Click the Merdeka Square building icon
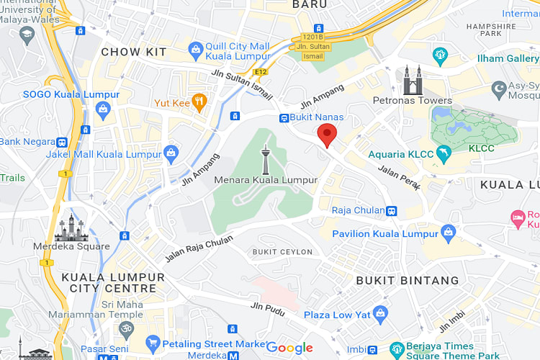coord(72,228)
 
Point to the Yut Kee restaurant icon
coord(199,102)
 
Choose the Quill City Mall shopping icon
coord(194,50)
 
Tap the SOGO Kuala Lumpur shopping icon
coord(102,109)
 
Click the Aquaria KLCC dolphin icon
coord(446,154)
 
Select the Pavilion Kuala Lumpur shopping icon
coord(449,233)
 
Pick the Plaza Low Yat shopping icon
coord(380,315)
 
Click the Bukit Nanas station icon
coord(284,117)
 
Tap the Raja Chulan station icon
coord(391,211)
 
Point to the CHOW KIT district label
coord(134,52)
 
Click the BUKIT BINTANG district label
coord(408,280)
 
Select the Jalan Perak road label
coord(399,179)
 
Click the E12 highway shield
coord(261,72)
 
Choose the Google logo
coord(289,348)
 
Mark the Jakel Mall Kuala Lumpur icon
coord(171,153)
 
